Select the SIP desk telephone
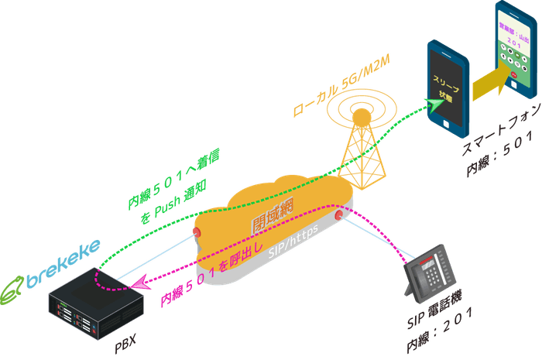click(431, 273)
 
